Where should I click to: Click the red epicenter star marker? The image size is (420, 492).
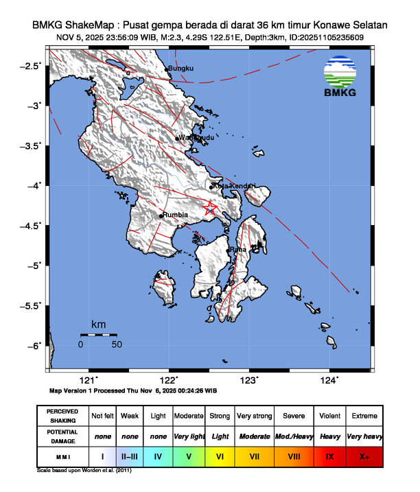[x=211, y=208]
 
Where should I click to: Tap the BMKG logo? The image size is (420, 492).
[x=346, y=77]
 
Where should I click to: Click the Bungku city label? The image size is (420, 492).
[x=182, y=69]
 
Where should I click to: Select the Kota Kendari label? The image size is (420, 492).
[x=234, y=186]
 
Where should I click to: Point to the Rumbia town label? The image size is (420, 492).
[x=176, y=215]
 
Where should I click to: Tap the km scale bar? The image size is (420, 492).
[x=98, y=334]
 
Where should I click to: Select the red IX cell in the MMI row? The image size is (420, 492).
[x=329, y=456]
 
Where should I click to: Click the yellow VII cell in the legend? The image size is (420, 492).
[x=254, y=456]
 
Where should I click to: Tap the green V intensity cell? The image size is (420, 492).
[x=189, y=456]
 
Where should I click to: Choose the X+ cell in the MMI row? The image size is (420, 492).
[x=364, y=456]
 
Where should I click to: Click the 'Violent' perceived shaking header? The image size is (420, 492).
[x=329, y=416]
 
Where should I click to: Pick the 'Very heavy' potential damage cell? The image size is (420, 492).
[x=364, y=436]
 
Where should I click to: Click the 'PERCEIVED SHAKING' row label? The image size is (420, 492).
[x=62, y=416]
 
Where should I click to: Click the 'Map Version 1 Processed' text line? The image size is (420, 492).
[x=133, y=390]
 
